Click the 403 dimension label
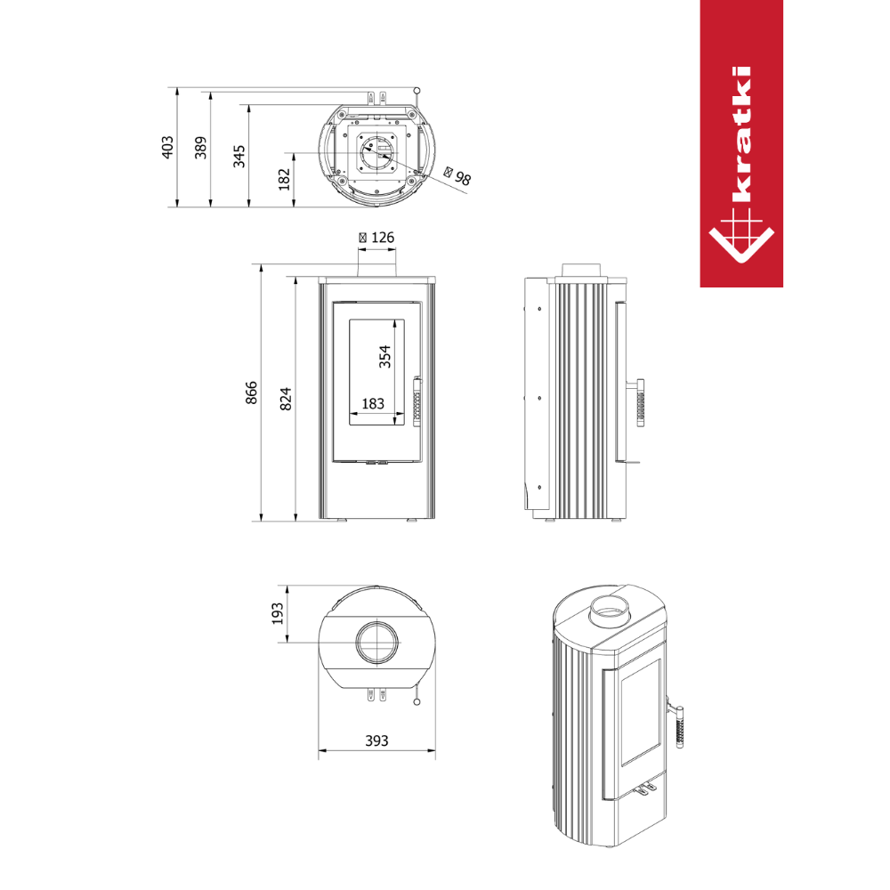(167, 147)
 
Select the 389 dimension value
(201, 148)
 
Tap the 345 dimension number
(239, 156)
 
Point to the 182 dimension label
(285, 179)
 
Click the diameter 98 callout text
(457, 176)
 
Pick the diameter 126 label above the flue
(376, 238)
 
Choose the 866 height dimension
(251, 392)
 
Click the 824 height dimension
(286, 399)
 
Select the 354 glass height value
(384, 357)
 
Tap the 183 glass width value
(373, 403)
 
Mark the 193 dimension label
(277, 613)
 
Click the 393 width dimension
(376, 740)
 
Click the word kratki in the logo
(741, 134)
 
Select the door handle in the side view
(638, 402)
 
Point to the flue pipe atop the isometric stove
(609, 611)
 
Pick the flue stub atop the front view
(376, 271)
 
